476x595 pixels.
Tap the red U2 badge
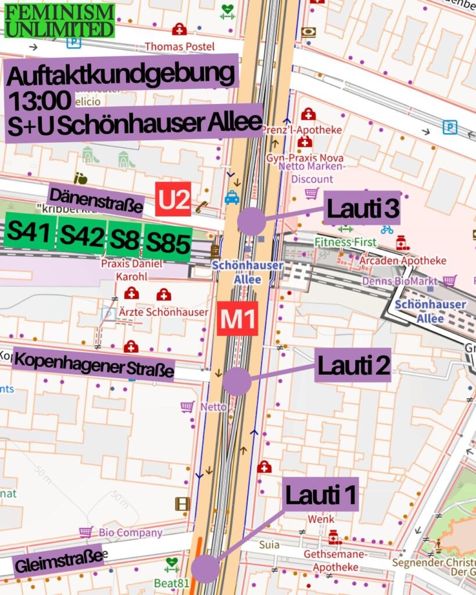pos(173,199)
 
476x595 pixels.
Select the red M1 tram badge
pos(238,319)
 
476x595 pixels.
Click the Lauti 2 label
pos(353,365)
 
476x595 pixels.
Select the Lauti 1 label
pos(321,495)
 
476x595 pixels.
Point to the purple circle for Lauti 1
pos(205,568)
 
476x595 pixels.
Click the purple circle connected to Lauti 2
pos(237,381)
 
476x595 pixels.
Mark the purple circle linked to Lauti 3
pos(252,221)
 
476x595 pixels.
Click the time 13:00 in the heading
pos(40,101)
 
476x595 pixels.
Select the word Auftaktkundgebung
pos(123,74)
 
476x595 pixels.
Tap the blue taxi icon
pos(232,198)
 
